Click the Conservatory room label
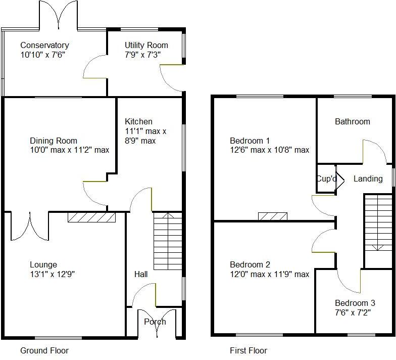point(44,46)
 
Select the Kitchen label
point(138,121)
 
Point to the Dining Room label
point(54,141)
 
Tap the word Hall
point(141,274)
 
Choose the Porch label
point(155,322)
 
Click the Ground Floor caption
point(44,350)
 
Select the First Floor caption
point(249,350)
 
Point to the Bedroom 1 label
point(250,141)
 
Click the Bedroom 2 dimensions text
point(269,275)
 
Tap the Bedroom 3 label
point(355,303)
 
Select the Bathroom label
point(353,121)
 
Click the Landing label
point(368,178)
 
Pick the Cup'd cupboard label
point(326,178)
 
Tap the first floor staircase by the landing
point(378,222)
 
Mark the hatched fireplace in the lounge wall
point(91,217)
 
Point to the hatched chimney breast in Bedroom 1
point(273,216)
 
